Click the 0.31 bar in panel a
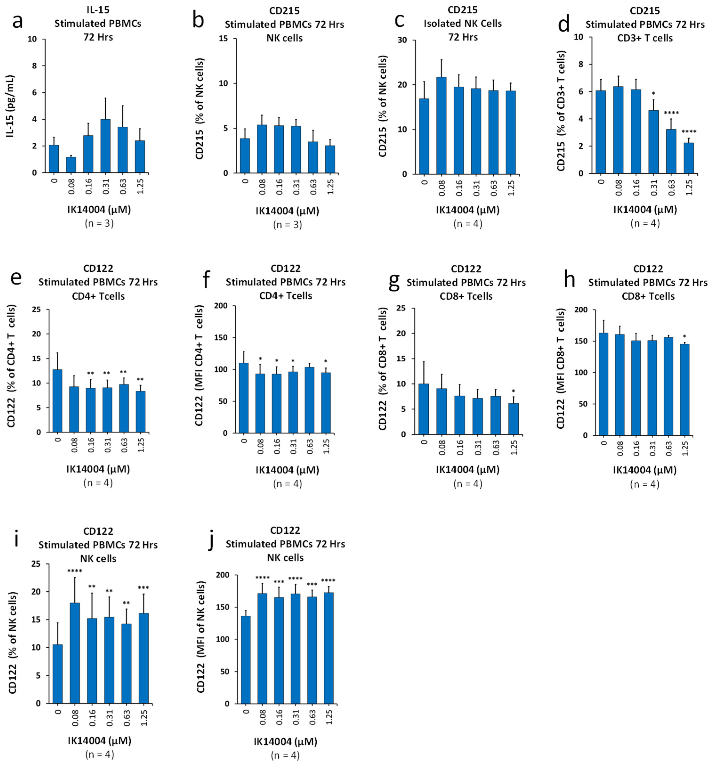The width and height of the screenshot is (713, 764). pyautogui.click(x=105, y=146)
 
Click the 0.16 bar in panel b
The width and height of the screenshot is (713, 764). pyautogui.click(x=278, y=150)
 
